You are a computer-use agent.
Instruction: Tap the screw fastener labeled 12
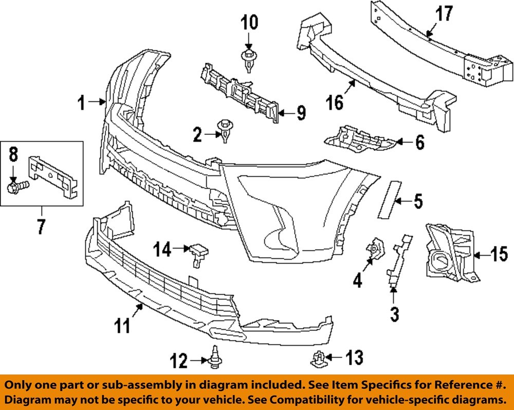pyautogui.click(x=214, y=359)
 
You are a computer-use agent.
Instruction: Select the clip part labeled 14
pyautogui.click(x=199, y=254)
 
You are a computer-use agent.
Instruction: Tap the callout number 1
pyautogui.click(x=80, y=103)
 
